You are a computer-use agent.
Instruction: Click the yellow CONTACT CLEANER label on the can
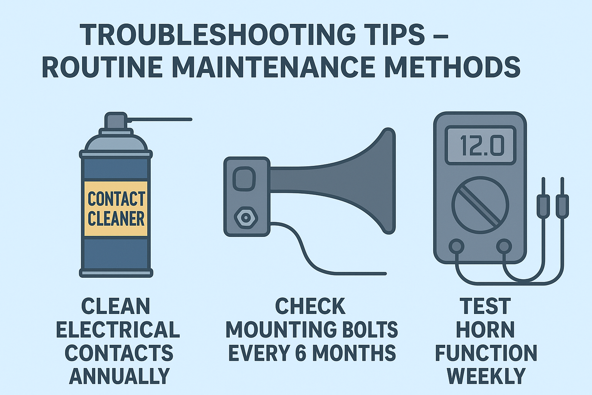pyautogui.click(x=116, y=209)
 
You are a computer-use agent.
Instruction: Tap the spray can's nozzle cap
pyautogui.click(x=116, y=121)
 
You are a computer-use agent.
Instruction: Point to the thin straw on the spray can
pyautogui.click(x=160, y=120)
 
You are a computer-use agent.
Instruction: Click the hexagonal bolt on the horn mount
pyautogui.click(x=246, y=218)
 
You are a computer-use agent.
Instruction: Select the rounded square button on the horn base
pyautogui.click(x=244, y=179)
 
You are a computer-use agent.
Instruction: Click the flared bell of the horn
pyautogui.click(x=370, y=181)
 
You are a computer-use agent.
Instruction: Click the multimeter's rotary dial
pyautogui.click(x=480, y=205)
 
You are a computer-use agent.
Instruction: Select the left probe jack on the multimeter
pyautogui.click(x=456, y=246)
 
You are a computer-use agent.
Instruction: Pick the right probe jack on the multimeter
pyautogui.click(x=504, y=246)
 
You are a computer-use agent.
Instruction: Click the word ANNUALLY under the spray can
pyautogui.click(x=119, y=376)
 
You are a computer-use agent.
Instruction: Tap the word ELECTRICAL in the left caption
pyautogui.click(x=118, y=329)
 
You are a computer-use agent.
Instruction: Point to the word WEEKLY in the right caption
pyautogui.click(x=486, y=376)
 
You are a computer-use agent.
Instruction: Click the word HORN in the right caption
pyautogui.click(x=485, y=329)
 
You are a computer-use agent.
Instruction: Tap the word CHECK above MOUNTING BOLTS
pyautogui.click(x=310, y=306)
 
